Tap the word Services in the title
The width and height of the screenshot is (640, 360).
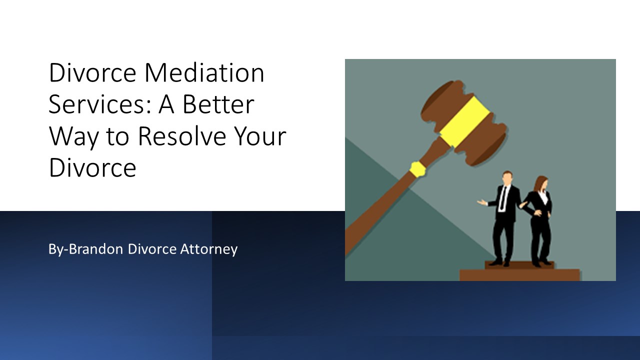pos(98,105)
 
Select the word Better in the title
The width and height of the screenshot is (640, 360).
pos(217,105)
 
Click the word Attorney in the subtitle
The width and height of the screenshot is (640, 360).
pos(209,248)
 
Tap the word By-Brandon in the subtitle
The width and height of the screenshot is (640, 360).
pos(85,248)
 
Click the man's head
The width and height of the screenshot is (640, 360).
pos(507,178)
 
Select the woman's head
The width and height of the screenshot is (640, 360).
pos(541,183)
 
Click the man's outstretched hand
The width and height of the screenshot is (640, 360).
pos(481,202)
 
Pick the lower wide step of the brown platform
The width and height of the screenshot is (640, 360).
pos(519,274)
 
